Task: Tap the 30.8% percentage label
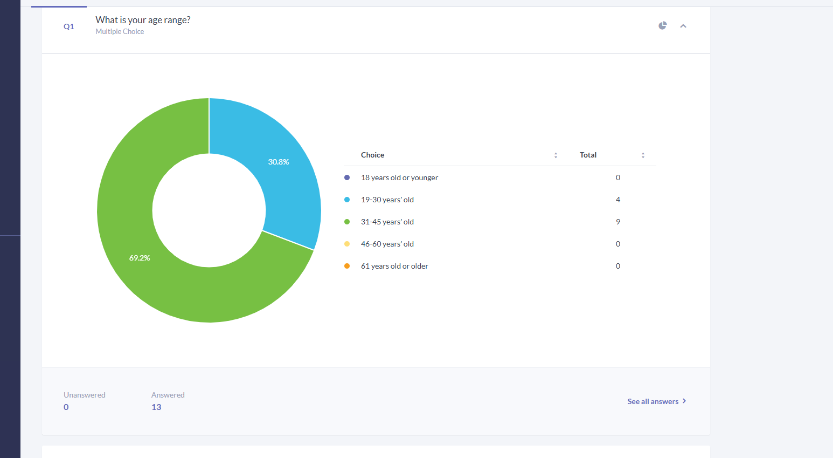[x=279, y=162]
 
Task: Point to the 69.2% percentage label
[x=140, y=258]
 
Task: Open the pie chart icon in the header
[x=663, y=26]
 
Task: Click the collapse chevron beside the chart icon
[x=683, y=26]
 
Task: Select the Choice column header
[x=373, y=155]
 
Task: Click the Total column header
[x=588, y=155]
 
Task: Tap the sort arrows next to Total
[x=643, y=155]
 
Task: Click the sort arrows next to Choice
[x=556, y=155]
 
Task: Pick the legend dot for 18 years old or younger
[x=347, y=177]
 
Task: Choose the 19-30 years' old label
[x=387, y=200]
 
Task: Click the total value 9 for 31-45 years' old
[x=618, y=222]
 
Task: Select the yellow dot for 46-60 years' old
[x=347, y=244]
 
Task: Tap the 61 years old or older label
[x=394, y=266]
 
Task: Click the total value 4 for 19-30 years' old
[x=618, y=200]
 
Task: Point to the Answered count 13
[x=156, y=407]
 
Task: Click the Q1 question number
[x=69, y=26]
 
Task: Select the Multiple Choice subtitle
[x=120, y=32]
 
